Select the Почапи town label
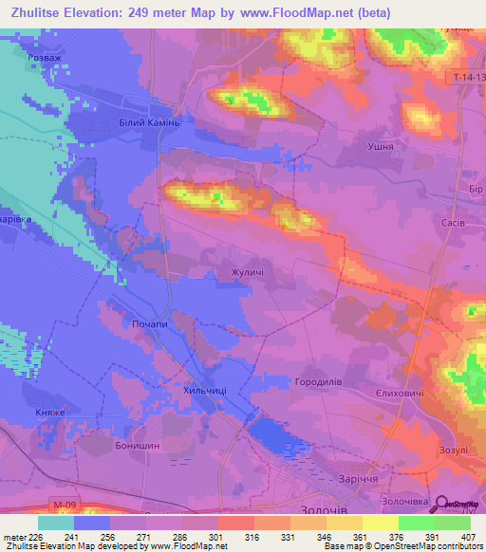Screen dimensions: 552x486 click(x=150, y=324)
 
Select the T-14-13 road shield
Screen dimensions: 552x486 click(x=464, y=76)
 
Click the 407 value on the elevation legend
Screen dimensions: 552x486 click(x=470, y=537)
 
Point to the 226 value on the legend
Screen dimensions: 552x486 click(x=38, y=537)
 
